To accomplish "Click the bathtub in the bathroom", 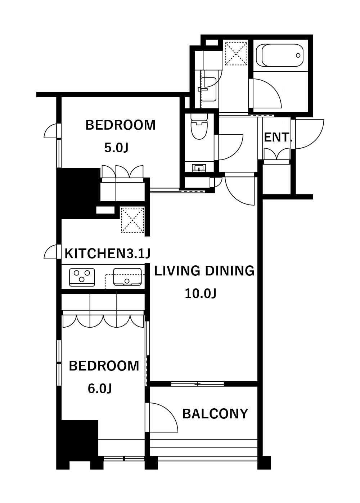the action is point(280,55).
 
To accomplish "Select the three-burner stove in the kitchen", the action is point(82,277).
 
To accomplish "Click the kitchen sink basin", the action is point(127,277).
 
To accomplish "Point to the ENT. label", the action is point(278,137).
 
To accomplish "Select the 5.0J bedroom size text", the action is point(116,148).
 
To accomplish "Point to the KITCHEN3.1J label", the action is point(107,253).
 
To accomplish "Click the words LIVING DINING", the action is point(204,271).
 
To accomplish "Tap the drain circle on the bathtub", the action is point(298,55).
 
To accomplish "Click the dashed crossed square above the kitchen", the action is point(132,220).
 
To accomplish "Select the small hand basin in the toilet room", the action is point(199,167).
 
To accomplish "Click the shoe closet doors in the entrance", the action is point(276,154).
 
